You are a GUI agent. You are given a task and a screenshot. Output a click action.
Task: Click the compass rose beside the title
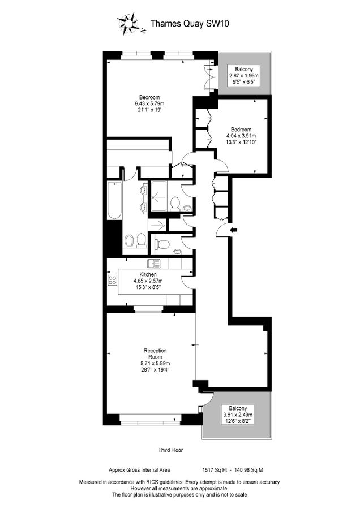tap(128, 24)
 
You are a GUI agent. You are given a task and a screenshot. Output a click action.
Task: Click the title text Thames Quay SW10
tap(181, 24)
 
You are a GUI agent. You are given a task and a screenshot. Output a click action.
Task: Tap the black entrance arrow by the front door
tap(234, 229)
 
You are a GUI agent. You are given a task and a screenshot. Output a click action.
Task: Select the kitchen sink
tap(153, 263)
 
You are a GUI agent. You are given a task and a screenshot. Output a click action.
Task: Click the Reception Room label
tap(153, 353)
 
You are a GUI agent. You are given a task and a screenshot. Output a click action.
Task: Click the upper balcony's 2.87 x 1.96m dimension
tap(243, 76)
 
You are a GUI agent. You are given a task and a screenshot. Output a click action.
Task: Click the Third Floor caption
tap(170, 450)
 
